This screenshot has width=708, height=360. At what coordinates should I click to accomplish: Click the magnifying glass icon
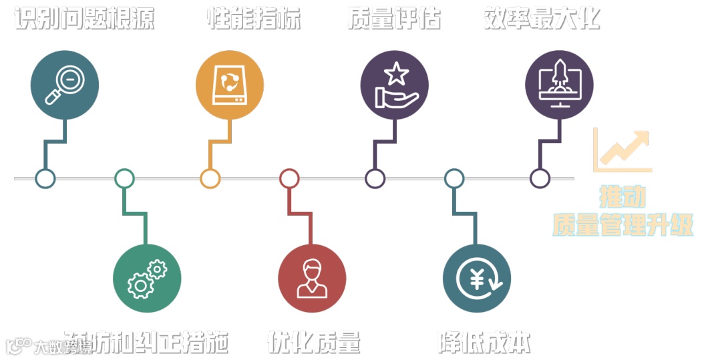[64, 85]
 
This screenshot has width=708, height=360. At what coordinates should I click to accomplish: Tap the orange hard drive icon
[229, 85]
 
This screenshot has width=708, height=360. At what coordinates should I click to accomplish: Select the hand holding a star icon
[394, 85]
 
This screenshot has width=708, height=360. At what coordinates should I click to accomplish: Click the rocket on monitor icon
[559, 85]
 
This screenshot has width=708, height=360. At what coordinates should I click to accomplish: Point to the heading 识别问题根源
[85, 18]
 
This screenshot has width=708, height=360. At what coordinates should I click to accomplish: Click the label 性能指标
[254, 18]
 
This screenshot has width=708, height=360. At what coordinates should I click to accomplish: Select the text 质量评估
[394, 18]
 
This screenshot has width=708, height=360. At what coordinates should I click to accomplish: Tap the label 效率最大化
[542, 18]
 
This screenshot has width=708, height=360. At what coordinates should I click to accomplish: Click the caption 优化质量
[314, 342]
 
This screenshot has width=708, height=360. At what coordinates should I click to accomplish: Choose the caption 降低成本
[485, 342]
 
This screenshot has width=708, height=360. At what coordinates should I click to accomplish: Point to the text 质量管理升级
[623, 225]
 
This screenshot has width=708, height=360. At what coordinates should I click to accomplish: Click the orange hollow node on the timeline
[210, 178]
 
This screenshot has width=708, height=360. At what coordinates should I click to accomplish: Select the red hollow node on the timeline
[289, 178]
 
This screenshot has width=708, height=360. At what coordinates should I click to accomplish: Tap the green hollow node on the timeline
[124, 178]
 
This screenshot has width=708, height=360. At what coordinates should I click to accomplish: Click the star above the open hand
[397, 73]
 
